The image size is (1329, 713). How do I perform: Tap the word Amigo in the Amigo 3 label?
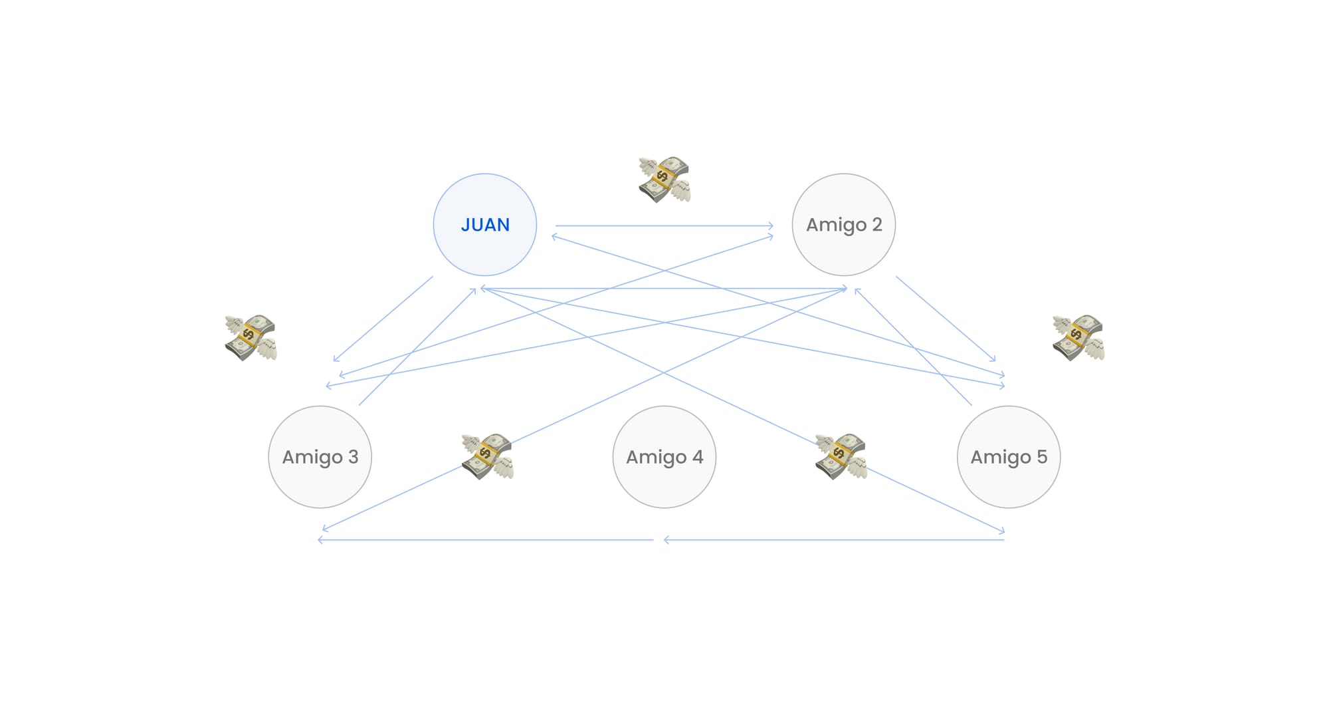click(312, 458)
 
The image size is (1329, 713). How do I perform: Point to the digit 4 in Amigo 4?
click(698, 457)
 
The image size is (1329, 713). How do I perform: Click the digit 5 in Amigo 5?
click(1042, 457)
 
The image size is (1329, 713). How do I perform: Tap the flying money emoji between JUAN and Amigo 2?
click(664, 180)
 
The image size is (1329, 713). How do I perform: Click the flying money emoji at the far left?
click(251, 338)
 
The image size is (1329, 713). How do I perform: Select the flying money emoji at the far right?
click(1078, 338)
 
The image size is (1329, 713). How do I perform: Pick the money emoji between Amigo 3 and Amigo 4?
click(487, 456)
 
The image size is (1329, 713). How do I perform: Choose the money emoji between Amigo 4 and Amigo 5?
click(841, 456)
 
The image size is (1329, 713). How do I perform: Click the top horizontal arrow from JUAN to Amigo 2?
click(664, 226)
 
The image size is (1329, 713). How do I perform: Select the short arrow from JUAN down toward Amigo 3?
click(383, 319)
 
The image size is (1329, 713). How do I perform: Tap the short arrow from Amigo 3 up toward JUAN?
click(417, 347)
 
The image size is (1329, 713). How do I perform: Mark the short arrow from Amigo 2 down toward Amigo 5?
click(946, 319)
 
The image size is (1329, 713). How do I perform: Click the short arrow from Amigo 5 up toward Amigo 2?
click(913, 347)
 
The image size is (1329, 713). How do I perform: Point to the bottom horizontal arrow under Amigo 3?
click(485, 540)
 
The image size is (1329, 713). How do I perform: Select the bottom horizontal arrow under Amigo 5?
click(834, 540)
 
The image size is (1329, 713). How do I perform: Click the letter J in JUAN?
click(465, 225)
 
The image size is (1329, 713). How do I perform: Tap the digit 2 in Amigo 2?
click(877, 225)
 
